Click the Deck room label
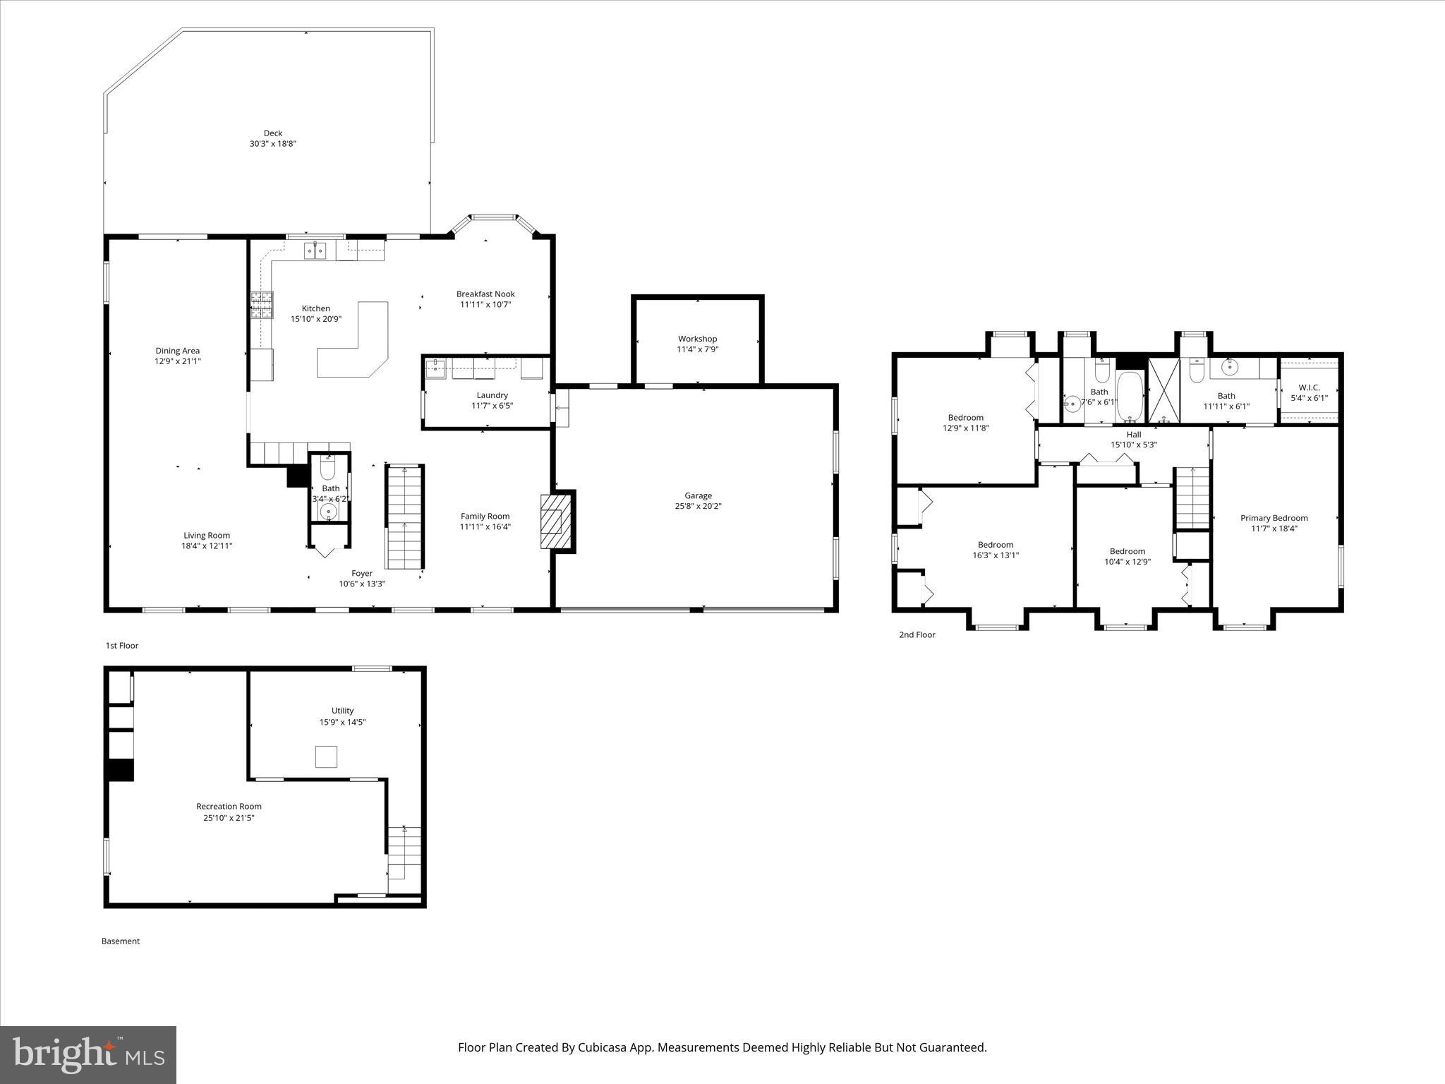coord(273,133)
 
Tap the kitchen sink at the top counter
coord(315,251)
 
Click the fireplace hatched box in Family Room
coord(552,522)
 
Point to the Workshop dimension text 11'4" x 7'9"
coord(697,349)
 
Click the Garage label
coord(698,495)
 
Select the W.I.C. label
coord(1309,387)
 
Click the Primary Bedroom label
coord(1274,518)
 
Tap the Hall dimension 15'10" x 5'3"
coord(1133,445)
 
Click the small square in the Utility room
coord(326,757)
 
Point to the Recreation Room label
coord(229,806)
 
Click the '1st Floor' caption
coord(122,645)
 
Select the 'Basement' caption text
coord(121,941)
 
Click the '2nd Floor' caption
coord(917,634)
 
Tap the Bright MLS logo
coord(88,1055)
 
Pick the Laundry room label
coord(492,395)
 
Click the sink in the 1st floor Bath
coord(328,511)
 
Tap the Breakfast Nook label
coord(485,294)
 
